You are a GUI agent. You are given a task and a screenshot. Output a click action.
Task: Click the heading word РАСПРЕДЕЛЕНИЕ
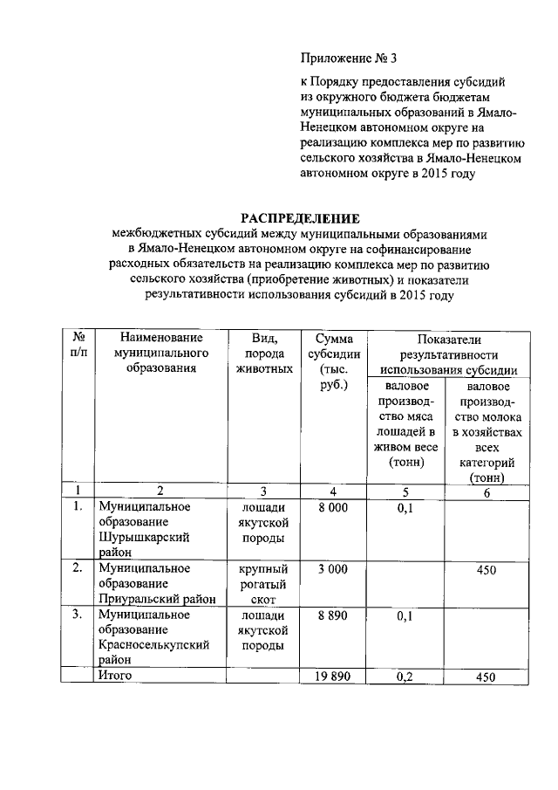pyautogui.click(x=300, y=218)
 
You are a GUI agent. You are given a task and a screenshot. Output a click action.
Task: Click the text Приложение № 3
pyautogui.click(x=349, y=59)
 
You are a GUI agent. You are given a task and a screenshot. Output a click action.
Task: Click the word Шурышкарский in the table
pyautogui.click(x=145, y=537)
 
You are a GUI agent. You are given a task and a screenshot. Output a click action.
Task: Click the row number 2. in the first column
pyautogui.click(x=78, y=569)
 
